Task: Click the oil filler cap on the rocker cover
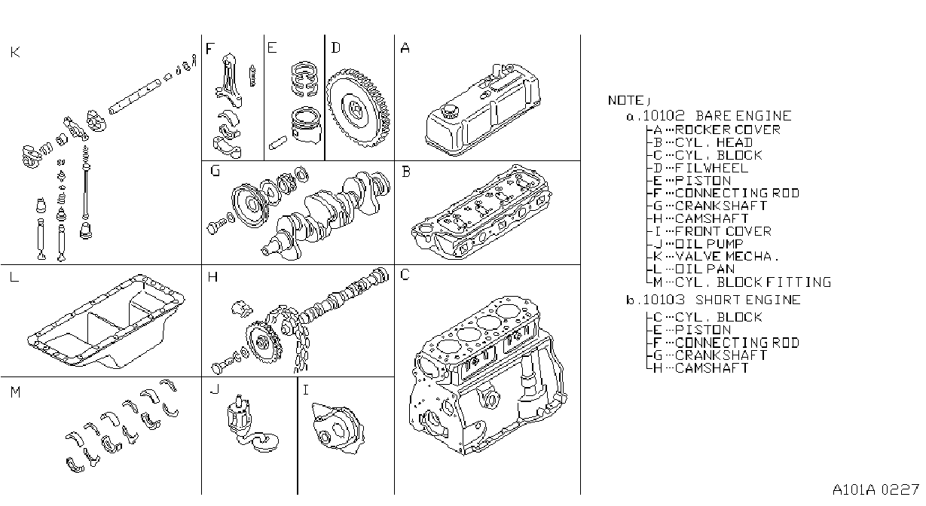[448, 111]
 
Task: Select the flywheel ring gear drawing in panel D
[358, 108]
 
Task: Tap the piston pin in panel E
[278, 142]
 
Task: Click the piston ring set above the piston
[304, 79]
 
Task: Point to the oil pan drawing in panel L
[106, 321]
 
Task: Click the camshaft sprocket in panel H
[263, 342]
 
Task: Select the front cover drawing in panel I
[338, 428]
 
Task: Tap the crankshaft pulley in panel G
[249, 205]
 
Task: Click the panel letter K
[15, 52]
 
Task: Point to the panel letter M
[15, 392]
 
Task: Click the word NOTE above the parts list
[625, 100]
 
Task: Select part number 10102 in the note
[664, 116]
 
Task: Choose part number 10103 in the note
[664, 300]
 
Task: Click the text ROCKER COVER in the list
[728, 130]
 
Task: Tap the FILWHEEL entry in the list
[711, 168]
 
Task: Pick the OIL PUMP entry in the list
[709, 244]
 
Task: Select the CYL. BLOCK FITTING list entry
[753, 282]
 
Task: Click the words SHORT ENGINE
[748, 300]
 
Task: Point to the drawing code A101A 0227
[876, 490]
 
